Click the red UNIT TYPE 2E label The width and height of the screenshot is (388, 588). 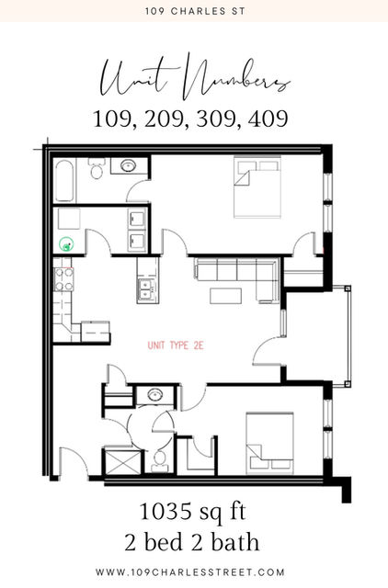(x=176, y=345)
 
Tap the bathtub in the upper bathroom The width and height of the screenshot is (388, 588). (x=64, y=181)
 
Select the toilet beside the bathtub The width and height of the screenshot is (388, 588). (x=96, y=168)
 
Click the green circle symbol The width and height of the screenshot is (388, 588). (x=66, y=245)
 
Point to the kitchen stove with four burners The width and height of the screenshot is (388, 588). (x=63, y=279)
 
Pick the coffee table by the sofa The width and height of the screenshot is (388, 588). (x=225, y=296)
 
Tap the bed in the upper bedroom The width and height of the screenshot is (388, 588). (x=257, y=187)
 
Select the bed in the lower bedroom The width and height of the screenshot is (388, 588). (x=269, y=443)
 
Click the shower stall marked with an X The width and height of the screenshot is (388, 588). (x=122, y=461)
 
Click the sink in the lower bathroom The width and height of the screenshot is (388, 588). (x=155, y=395)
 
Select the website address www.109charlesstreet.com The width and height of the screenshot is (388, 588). (x=190, y=572)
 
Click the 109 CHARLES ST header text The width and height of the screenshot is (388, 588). (x=195, y=11)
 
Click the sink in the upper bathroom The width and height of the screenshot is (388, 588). (x=129, y=165)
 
